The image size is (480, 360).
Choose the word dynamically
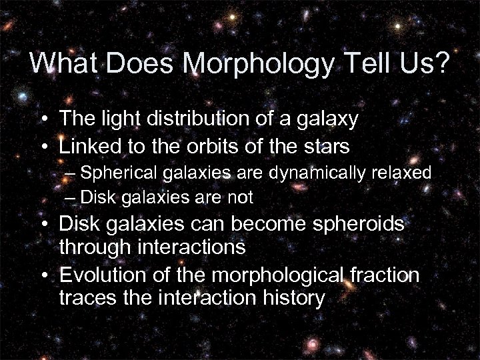click(319, 173)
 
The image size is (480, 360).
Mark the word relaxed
click(403, 173)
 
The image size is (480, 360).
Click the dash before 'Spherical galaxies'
click(71, 173)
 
